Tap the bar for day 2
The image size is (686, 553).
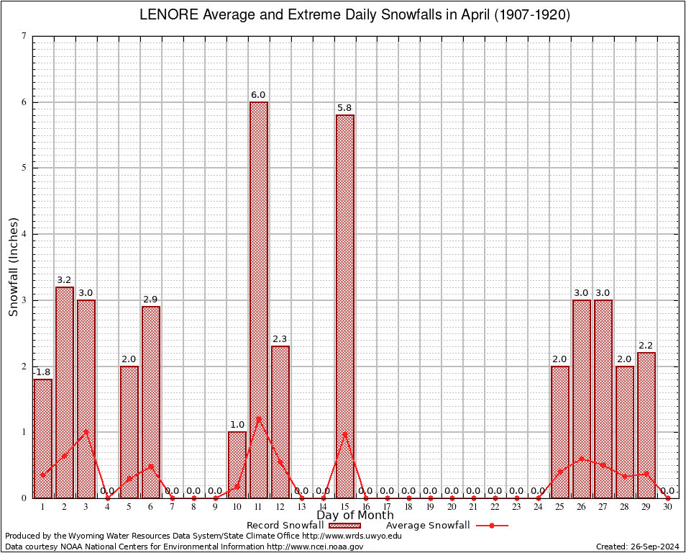tap(65, 392)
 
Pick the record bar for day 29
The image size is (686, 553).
tap(646, 425)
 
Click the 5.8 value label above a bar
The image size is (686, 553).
tap(345, 108)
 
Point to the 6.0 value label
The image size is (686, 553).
tap(259, 95)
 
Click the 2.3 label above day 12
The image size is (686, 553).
tap(280, 339)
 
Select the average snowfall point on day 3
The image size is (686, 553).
tap(86, 432)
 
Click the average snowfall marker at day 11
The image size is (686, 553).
tap(259, 418)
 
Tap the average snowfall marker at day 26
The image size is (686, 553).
tap(582, 458)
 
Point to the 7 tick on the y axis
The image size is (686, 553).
tap(24, 37)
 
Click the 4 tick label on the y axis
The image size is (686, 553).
tap(24, 234)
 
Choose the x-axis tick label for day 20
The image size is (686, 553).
tap(452, 508)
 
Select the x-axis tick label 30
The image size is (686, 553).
tap(668, 508)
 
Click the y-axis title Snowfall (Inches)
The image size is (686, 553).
tap(13, 267)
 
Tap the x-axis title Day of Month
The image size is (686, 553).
tap(355, 515)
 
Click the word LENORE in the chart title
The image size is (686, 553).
tap(163, 16)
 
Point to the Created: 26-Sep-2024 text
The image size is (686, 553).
tap(637, 547)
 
